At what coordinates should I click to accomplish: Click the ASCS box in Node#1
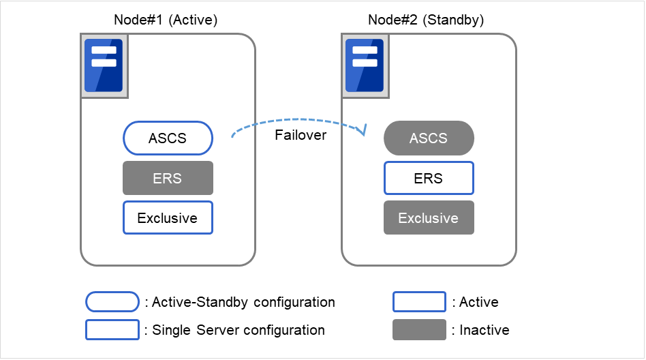coord(168,138)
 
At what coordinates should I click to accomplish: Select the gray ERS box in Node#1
coord(168,178)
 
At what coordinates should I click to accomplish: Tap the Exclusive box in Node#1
coord(168,218)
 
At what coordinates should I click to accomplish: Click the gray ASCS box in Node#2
coord(429,138)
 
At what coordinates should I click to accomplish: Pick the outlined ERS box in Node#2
coord(429,178)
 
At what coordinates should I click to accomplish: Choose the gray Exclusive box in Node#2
coord(429,218)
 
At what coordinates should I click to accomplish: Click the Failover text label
coord(301,135)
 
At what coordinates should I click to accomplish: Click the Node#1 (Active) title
coord(165,20)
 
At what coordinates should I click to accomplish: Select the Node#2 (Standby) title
coord(426,20)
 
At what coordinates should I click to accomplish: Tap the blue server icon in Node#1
coord(104,65)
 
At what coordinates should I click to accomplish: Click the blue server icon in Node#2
coord(365,65)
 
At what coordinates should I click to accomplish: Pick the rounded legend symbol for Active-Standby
coord(112,301)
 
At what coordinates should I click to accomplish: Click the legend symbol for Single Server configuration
coord(112,330)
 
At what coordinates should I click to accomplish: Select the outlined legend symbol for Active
coord(419,301)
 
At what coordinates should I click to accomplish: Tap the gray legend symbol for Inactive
coord(419,330)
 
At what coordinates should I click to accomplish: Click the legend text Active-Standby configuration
coord(240,301)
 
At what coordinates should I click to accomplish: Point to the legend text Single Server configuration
coord(235,330)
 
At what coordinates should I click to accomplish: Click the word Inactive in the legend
coord(484,330)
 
